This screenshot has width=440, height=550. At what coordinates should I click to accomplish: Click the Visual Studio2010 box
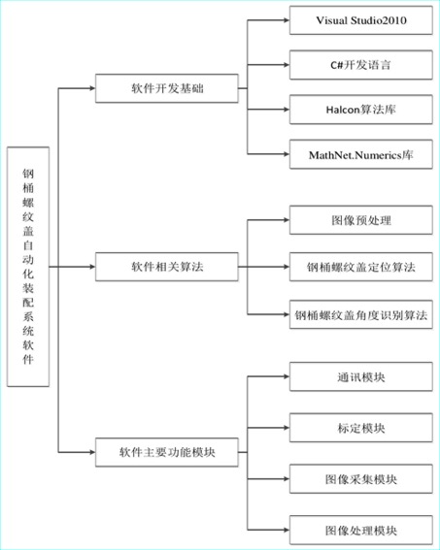pos(361,20)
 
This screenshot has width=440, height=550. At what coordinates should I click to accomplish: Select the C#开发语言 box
pos(361,65)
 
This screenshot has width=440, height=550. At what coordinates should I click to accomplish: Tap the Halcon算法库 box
pos(361,110)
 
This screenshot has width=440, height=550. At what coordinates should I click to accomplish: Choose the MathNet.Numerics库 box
pos(361,154)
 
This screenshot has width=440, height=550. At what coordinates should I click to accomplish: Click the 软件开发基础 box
pos(167,88)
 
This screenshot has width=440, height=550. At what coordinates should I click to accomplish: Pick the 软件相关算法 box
pos(167,267)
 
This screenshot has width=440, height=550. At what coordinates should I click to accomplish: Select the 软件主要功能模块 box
pos(167,452)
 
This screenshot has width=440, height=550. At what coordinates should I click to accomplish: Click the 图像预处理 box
pos(361,220)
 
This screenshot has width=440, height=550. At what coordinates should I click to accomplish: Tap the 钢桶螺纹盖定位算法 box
pos(361,267)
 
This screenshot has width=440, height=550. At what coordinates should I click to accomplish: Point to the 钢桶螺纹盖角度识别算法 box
pos(361,314)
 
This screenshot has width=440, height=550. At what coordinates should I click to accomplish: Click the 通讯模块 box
pos(361,377)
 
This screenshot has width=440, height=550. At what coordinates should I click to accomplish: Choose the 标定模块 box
pos(361,428)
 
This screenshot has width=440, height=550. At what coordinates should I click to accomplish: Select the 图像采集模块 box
pos(361,479)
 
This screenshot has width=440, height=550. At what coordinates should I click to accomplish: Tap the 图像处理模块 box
pos(361,530)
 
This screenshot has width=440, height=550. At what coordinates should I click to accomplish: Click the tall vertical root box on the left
pos(28,267)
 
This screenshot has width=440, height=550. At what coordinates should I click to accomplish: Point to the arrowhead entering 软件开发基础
pos(92,88)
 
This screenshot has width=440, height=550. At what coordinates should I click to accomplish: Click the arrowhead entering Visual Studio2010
pos(287,20)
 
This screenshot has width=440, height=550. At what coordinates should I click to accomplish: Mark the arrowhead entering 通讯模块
pos(287,376)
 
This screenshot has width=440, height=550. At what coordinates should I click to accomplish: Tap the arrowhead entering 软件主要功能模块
pos(92,452)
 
